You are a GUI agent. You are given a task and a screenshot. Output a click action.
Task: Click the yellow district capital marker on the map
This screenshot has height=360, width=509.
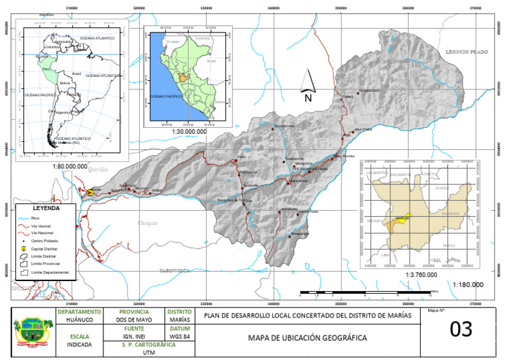90,192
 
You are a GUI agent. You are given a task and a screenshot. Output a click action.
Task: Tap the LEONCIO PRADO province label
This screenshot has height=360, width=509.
467,51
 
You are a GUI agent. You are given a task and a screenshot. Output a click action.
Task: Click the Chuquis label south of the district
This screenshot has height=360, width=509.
148,223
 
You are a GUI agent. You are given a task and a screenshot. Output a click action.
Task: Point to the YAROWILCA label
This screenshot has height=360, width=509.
175,271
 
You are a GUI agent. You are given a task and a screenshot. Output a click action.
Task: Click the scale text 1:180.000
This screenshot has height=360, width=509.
468,284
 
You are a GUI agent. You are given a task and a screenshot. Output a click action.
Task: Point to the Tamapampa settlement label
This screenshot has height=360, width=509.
300,233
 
